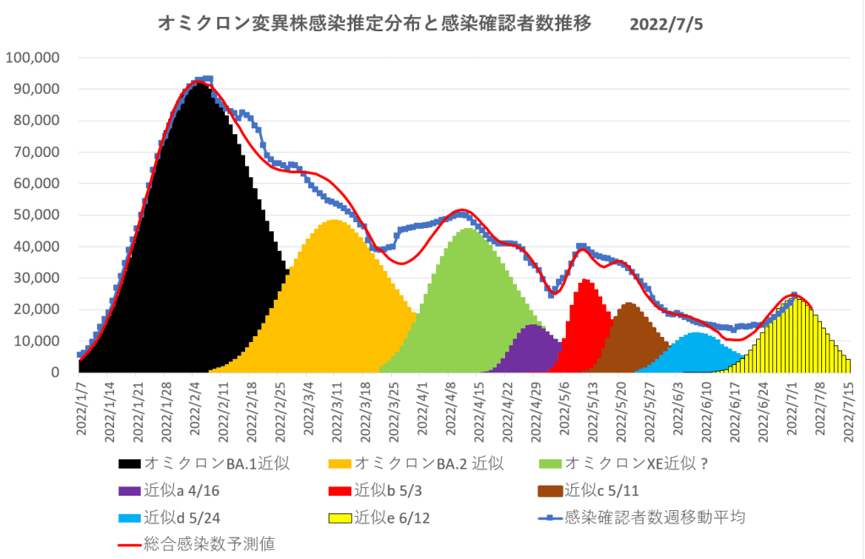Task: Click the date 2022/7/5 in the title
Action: pos(666,24)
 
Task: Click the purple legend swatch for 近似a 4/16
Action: pos(128,490)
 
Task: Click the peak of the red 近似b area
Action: pos(585,281)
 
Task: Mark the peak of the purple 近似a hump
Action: pos(532,326)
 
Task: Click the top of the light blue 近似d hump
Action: pos(696,334)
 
